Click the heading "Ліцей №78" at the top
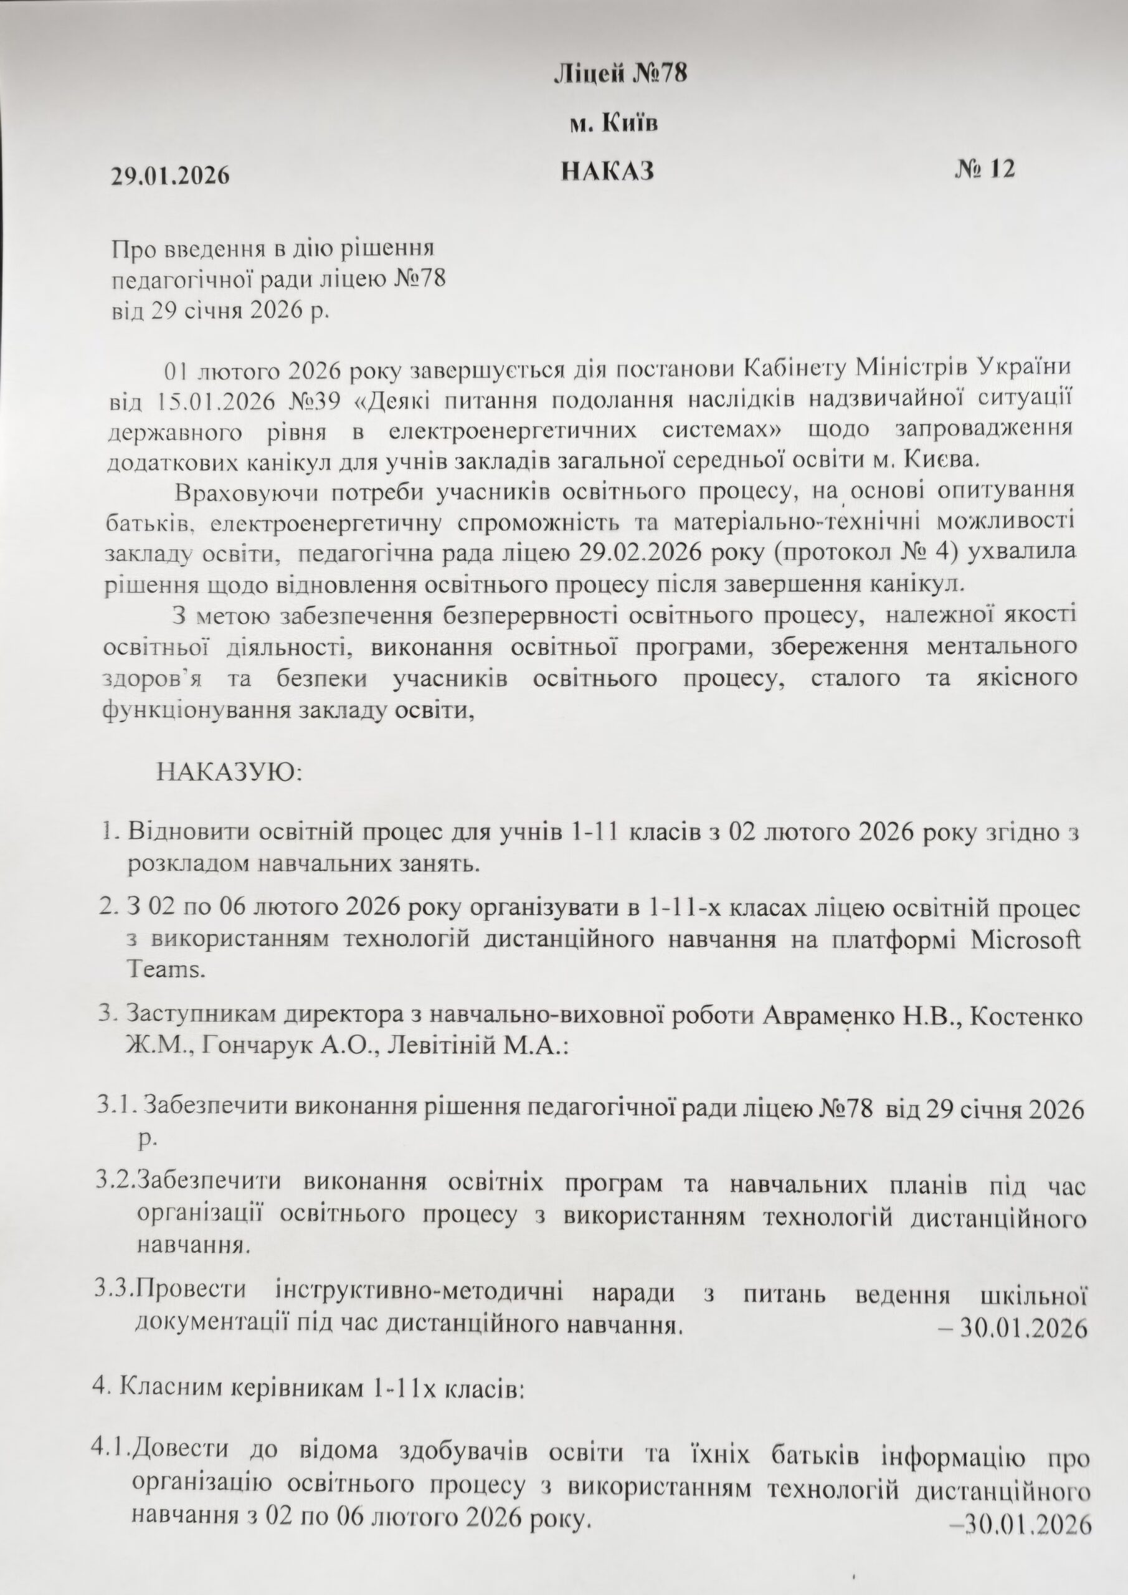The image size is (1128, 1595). pyautogui.click(x=620, y=74)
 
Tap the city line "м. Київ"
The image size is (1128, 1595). pyautogui.click(x=614, y=123)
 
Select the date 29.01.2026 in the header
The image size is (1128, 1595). pyautogui.click(x=171, y=176)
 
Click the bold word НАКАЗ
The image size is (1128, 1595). pyautogui.click(x=608, y=171)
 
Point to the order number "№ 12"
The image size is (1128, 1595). pyautogui.click(x=984, y=169)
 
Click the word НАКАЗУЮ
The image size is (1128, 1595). pyautogui.click(x=229, y=772)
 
